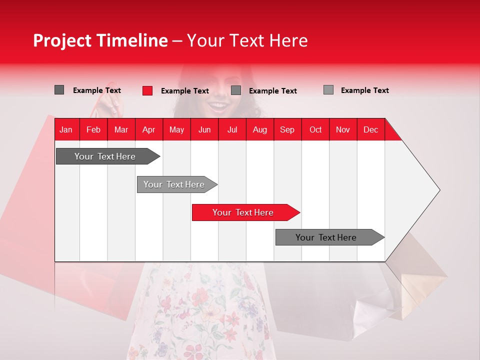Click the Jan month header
pos(66,129)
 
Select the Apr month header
pos(148,129)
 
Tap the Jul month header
pos(232,129)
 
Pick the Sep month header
pos(287,129)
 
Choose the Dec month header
pos(370,129)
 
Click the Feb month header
pos(93,129)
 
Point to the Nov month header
pos(342,129)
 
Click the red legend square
pos(147,90)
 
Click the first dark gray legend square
pos(59,90)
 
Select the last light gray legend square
pos(328,90)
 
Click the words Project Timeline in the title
pos(100,40)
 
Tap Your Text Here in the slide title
pos(247,40)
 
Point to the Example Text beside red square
pos(184,91)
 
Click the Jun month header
pos(204,129)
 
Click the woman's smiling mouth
pos(218,105)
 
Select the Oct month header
pos(315,129)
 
